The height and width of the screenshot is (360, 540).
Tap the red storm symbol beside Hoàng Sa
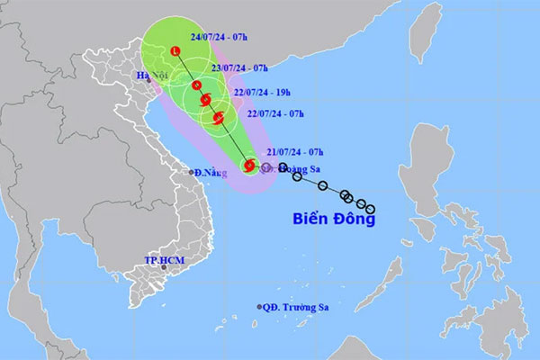click(x=251, y=165)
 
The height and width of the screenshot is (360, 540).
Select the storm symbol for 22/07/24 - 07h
click(x=219, y=117)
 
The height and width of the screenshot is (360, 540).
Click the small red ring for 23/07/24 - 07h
click(x=196, y=85)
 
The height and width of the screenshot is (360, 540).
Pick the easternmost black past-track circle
click(x=370, y=209)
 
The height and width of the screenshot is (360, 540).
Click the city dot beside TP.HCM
click(x=164, y=267)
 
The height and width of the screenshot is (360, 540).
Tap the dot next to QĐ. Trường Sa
click(x=260, y=307)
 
